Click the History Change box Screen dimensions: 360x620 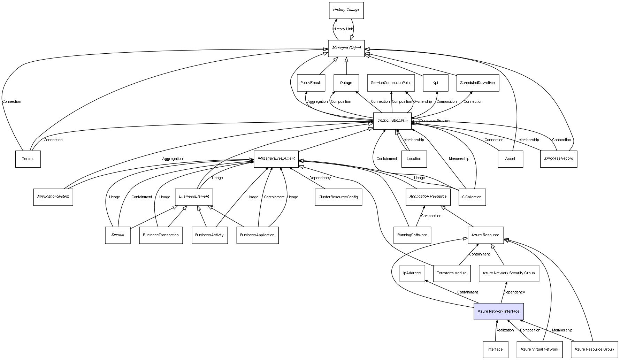pyautogui.click(x=346, y=10)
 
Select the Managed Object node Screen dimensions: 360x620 pyautogui.click(x=346, y=48)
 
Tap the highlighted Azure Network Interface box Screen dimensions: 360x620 pyautogui.click(x=498, y=311)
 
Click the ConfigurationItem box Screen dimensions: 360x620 pyautogui.click(x=392, y=121)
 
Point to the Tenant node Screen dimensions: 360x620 pyautogui.click(x=28, y=159)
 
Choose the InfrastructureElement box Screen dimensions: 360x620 pyautogui.click(x=276, y=159)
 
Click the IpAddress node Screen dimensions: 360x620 pyautogui.click(x=412, y=273)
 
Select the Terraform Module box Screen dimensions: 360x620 pyautogui.click(x=451, y=273)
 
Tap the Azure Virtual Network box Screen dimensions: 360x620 pyautogui.click(x=539, y=349)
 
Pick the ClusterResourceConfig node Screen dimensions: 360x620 pyautogui.click(x=338, y=197)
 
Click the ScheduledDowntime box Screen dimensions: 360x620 pyautogui.click(x=477, y=83)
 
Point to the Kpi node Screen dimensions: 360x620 pyautogui.click(x=435, y=83)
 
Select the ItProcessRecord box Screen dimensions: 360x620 pyautogui.click(x=558, y=159)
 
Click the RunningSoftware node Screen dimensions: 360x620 pyautogui.click(x=412, y=235)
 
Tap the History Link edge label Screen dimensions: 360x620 pyautogui.click(x=343, y=29)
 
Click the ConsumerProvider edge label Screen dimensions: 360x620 pyautogui.click(x=435, y=121)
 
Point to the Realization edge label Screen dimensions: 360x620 pyautogui.click(x=505, y=330)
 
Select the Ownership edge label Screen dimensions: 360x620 pyautogui.click(x=422, y=102)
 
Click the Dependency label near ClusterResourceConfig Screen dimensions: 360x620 pyautogui.click(x=320, y=178)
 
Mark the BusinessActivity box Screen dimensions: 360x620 pyautogui.click(x=209, y=235)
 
